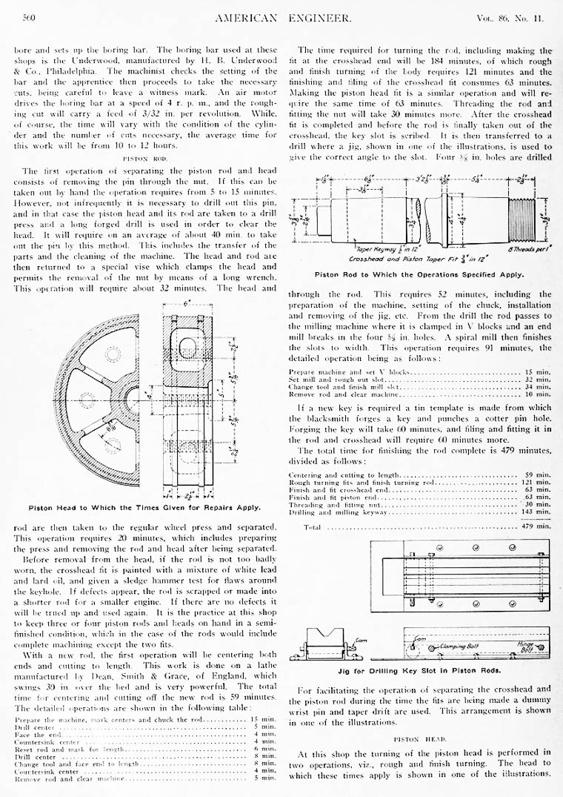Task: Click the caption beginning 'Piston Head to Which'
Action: coord(144,508)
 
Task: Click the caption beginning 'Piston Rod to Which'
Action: coord(419,274)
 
